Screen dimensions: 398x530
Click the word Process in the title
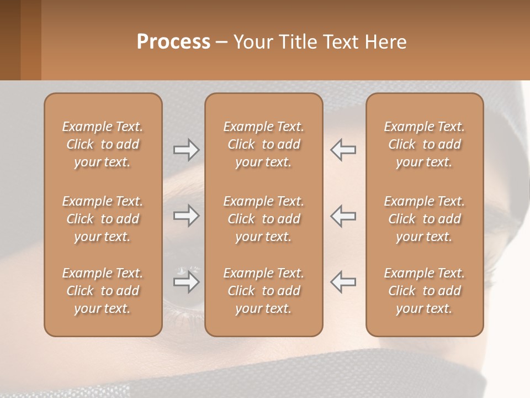point(173,42)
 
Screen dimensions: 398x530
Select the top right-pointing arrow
point(186,149)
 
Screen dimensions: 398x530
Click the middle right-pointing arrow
point(186,216)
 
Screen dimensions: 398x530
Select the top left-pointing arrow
point(343,149)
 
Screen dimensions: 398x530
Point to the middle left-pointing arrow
point(343,216)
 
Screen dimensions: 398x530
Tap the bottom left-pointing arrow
point(343,282)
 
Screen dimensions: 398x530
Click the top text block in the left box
point(103,144)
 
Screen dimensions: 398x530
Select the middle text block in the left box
point(103,219)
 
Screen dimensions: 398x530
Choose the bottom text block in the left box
point(103,291)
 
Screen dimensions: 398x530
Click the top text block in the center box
point(263,144)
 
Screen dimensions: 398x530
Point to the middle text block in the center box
point(263,219)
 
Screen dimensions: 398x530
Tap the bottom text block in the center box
point(263,291)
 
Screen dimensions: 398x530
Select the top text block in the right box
point(425,144)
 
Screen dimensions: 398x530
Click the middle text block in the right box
point(425,219)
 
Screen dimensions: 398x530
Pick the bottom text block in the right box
point(425,291)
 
